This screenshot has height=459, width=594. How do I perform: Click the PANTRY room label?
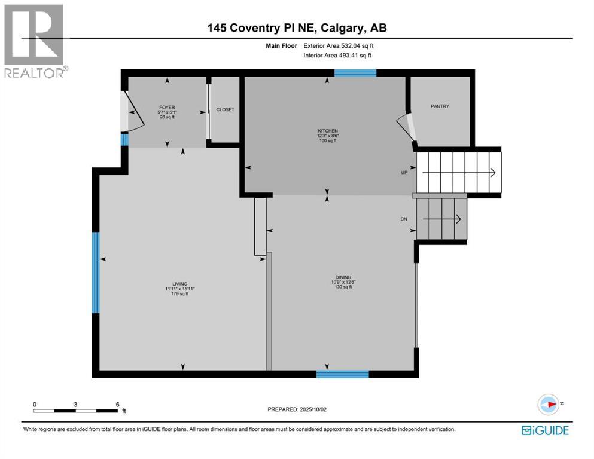pyautogui.click(x=440, y=106)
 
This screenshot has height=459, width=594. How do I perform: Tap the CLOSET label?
pyautogui.click(x=226, y=109)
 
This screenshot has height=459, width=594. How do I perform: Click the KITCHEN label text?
pyautogui.click(x=328, y=131)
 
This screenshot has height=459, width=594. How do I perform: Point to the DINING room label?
pyautogui.click(x=343, y=277)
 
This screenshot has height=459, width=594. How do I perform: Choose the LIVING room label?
pyautogui.click(x=180, y=284)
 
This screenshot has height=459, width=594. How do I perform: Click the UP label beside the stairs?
pyautogui.click(x=404, y=172)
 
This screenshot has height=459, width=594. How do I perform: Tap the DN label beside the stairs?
pyautogui.click(x=404, y=219)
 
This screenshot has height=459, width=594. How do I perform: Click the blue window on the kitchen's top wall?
pyautogui.click(x=355, y=73)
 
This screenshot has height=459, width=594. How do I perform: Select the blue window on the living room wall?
pyautogui.click(x=96, y=273)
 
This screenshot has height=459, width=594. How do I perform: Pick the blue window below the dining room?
pyautogui.click(x=342, y=374)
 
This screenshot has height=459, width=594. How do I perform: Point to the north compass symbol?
pyautogui.click(x=547, y=405)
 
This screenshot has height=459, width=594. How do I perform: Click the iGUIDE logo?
pyautogui.click(x=545, y=430)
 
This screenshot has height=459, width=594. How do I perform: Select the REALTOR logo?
pyautogui.click(x=35, y=41)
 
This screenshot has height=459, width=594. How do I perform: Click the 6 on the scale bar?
pyautogui.click(x=118, y=405)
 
